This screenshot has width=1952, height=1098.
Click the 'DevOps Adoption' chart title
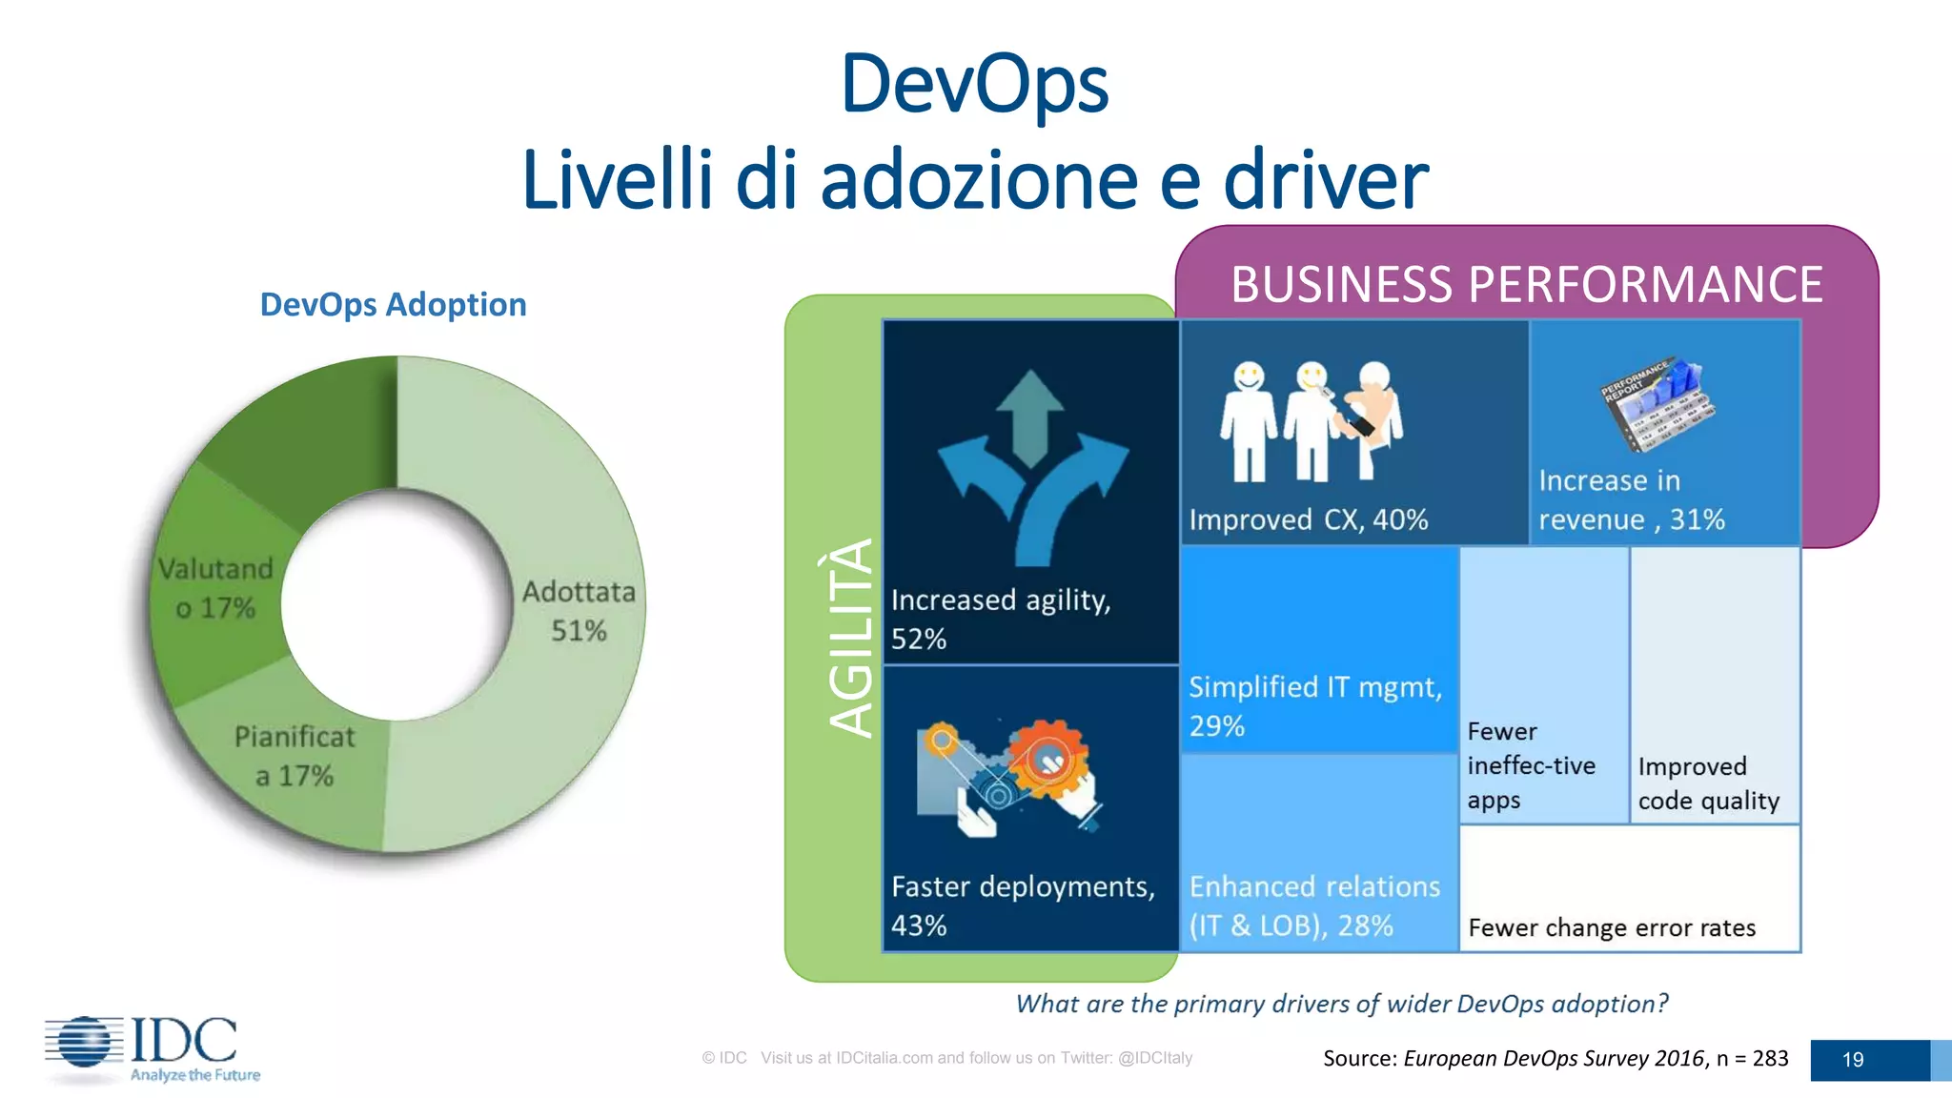(x=393, y=305)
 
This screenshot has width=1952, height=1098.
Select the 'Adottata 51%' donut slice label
(x=578, y=611)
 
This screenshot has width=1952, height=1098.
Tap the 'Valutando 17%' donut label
(x=215, y=588)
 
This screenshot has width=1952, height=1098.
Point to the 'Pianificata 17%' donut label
(x=294, y=756)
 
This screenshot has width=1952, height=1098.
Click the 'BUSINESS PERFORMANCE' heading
(x=1526, y=284)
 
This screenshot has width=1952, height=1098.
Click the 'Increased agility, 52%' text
(x=1000, y=620)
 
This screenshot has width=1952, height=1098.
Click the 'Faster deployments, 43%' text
(x=1022, y=905)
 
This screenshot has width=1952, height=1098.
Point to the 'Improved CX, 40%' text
(x=1308, y=520)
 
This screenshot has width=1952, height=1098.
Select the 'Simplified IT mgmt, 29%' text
(x=1314, y=706)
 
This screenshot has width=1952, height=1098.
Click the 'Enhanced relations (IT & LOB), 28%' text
(x=1313, y=905)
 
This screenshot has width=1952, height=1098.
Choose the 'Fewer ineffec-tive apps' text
(x=1531, y=765)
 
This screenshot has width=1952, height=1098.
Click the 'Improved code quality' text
(x=1708, y=783)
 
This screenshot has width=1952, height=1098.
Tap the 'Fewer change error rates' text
(x=1611, y=927)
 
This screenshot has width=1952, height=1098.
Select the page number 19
(x=1852, y=1060)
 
